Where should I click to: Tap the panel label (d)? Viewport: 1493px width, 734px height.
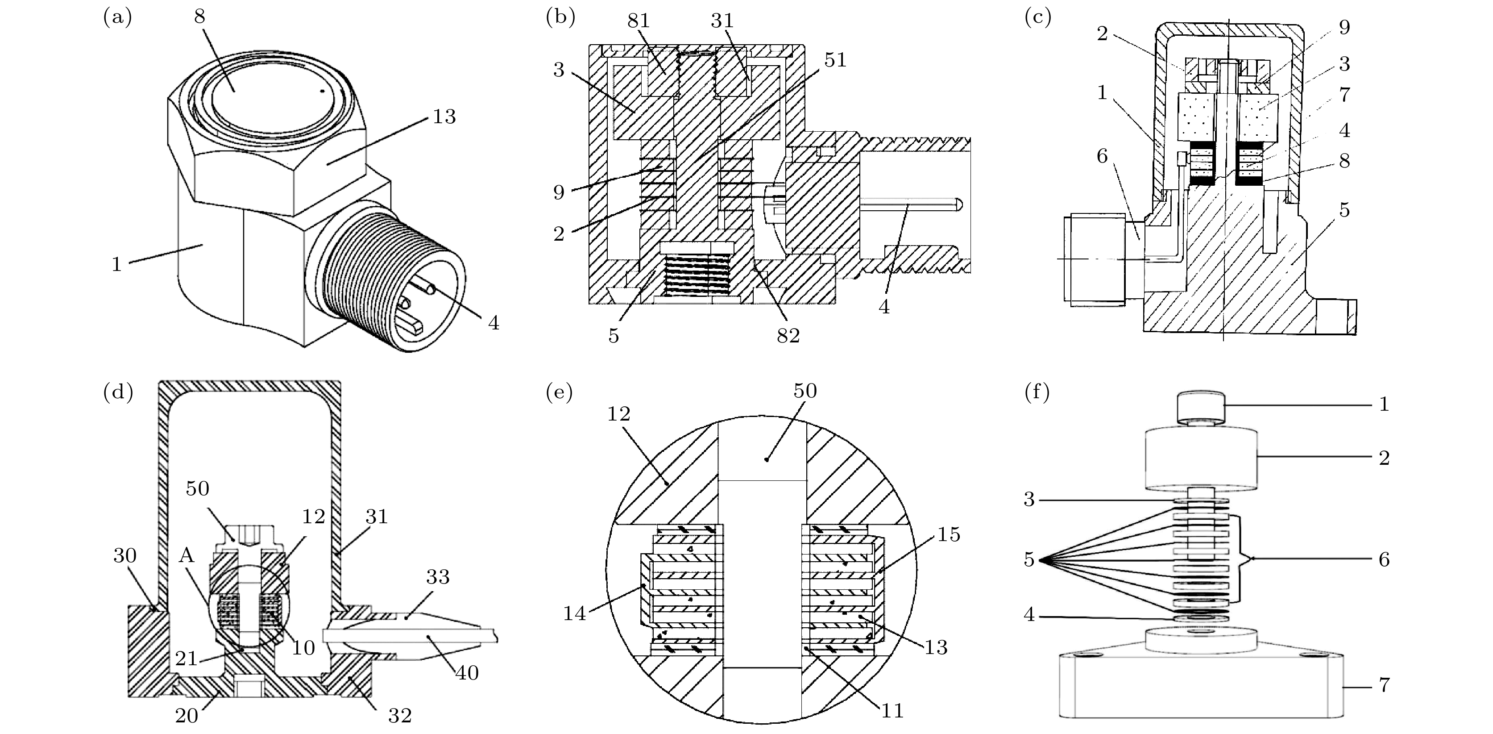(x=118, y=392)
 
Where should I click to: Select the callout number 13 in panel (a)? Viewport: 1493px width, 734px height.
(x=444, y=117)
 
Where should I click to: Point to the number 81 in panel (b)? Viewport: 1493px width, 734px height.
(x=638, y=21)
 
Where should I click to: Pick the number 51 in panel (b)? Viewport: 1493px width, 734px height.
(x=835, y=60)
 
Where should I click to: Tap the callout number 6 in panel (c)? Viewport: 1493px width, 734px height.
(x=1102, y=155)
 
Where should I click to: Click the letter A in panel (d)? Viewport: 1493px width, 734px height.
(x=186, y=555)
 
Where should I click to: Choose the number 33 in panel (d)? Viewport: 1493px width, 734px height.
(x=438, y=577)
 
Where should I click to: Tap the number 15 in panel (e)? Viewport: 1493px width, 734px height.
(x=948, y=534)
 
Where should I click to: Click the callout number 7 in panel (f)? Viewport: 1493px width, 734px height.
(x=1384, y=685)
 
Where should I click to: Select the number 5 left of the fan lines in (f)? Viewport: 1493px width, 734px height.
(x=1029, y=559)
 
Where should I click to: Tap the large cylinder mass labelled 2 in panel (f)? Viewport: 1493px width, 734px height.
(x=1202, y=458)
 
